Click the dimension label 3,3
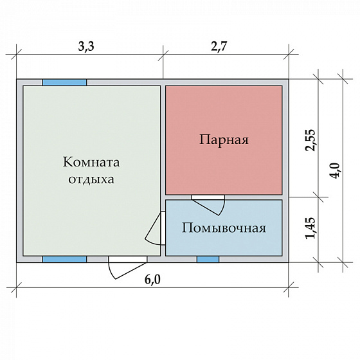pyautogui.click(x=89, y=46)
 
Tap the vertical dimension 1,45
pyautogui.click(x=310, y=228)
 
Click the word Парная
pyautogui.click(x=224, y=139)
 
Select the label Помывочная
pyautogui.click(x=224, y=228)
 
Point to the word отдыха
pyautogui.click(x=91, y=179)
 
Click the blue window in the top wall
pyautogui.click(x=64, y=82)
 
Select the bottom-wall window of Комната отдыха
pyautogui.click(x=64, y=259)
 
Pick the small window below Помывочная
pyautogui.click(x=207, y=259)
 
